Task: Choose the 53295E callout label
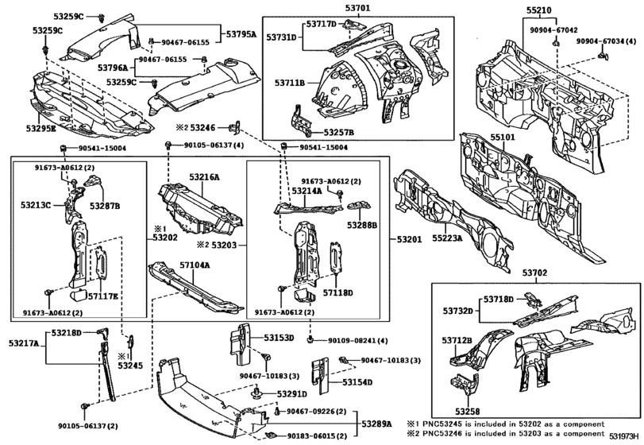click(40, 127)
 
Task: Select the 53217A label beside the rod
click(24, 342)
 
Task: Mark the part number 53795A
click(241, 34)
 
